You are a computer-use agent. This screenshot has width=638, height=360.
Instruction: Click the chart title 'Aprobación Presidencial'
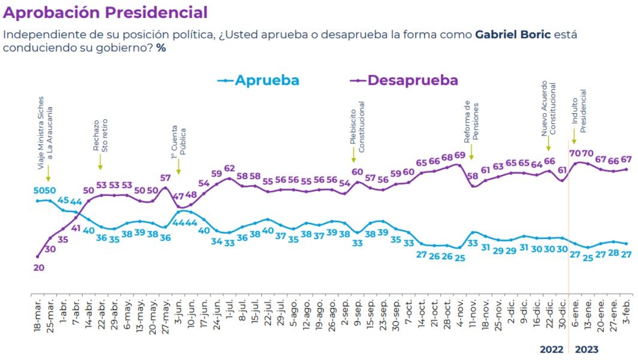coord(105,12)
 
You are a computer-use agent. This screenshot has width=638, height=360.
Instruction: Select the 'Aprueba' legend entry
coord(267,80)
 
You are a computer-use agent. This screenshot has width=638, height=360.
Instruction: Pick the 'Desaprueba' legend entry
coord(413,80)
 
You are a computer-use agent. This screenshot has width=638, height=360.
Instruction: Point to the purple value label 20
coord(39,267)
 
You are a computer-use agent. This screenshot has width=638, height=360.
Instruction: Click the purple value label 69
coord(459,155)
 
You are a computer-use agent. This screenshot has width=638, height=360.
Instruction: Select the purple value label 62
coord(229,168)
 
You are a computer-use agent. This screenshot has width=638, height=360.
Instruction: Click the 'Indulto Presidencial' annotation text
coord(579,110)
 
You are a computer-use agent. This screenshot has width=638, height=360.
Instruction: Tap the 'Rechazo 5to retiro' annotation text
coord(100,135)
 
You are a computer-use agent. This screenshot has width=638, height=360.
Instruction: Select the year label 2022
coord(551,350)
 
